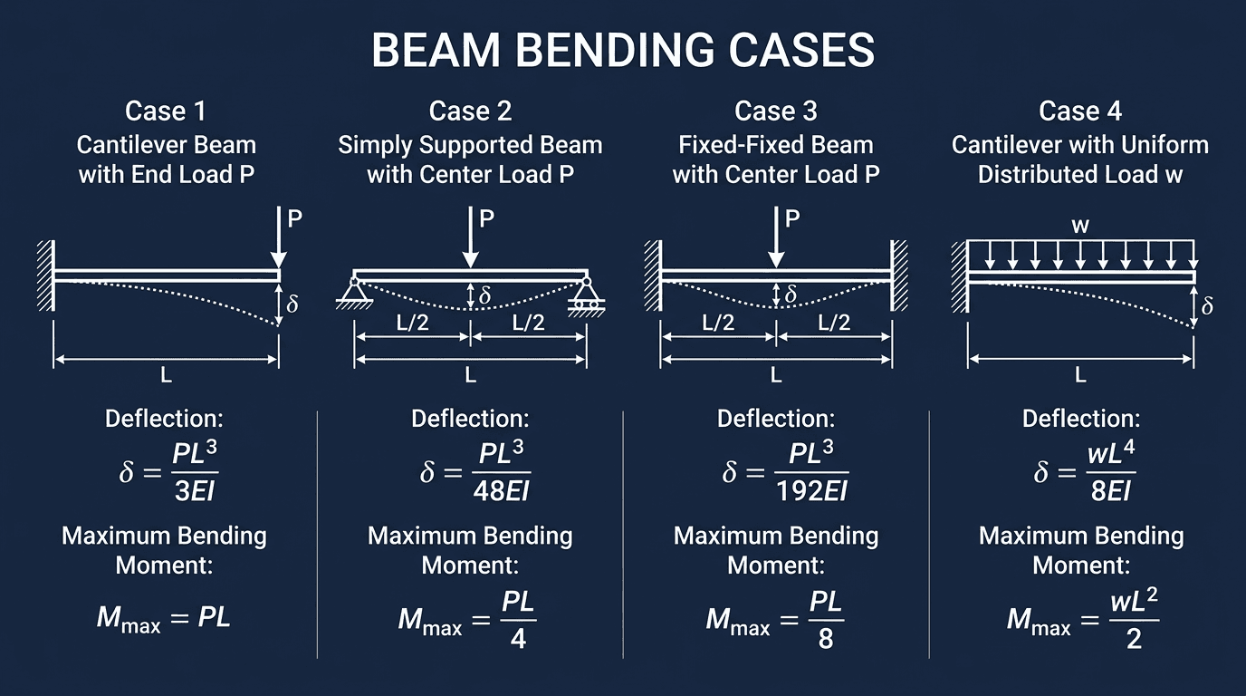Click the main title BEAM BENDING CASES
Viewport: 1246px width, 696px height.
coord(623,51)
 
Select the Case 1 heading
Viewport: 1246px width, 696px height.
coord(166,111)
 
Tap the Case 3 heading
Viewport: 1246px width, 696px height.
coord(776,111)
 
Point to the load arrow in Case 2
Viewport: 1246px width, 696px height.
coord(470,237)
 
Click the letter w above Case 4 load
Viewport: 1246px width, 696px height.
coord(1080,226)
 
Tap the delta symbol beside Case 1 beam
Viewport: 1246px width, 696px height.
coord(292,304)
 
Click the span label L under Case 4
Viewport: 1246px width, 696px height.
coord(1080,374)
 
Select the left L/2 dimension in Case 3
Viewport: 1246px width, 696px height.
coord(718,323)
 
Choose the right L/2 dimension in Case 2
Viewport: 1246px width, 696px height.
coord(528,323)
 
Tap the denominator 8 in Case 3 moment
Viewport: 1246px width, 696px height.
coord(825,637)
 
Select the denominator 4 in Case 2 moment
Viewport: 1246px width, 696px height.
coord(518,637)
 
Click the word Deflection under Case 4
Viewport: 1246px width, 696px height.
coord(1080,419)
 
